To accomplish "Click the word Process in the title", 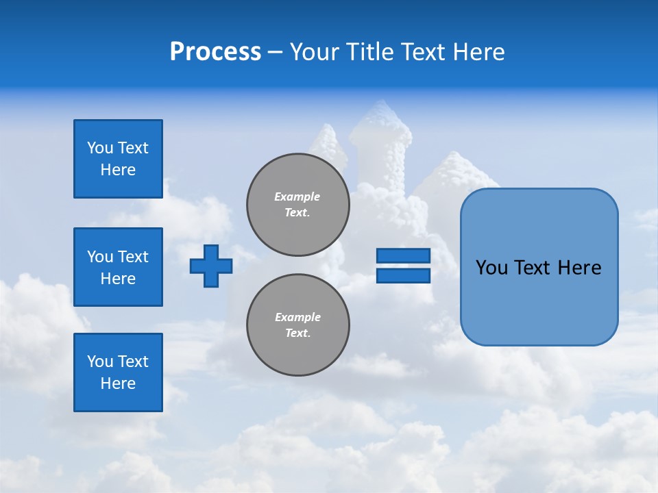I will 215,52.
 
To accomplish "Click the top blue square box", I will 118,159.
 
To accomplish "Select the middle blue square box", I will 118,267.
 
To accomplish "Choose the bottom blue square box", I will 118,372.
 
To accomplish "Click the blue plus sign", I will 211,266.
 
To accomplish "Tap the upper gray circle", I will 298,205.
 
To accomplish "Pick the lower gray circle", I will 298,325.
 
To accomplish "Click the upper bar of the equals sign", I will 403,255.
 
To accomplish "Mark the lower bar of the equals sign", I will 403,276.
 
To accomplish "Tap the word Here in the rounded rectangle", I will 580,268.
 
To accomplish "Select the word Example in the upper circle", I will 297,197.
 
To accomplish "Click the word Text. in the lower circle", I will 297,333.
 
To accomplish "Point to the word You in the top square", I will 100,148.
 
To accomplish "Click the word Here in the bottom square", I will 118,383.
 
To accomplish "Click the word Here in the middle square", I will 118,279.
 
